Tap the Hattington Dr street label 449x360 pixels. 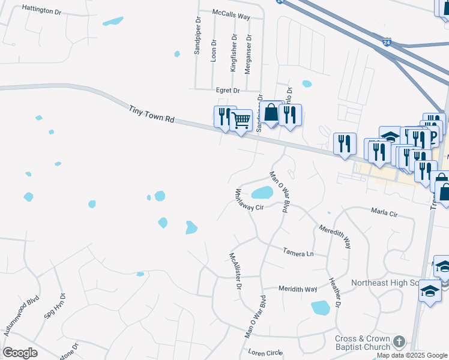pos(41,10)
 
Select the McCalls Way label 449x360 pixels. pos(231,15)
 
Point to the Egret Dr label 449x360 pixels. pos(228,91)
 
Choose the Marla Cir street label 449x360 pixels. pos(384,213)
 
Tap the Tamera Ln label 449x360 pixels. pos(298,253)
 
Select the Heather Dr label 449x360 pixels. pos(335,292)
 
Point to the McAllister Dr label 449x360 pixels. pos(234,270)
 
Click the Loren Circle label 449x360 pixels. pos(264,353)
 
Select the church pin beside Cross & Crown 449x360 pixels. pos(399,342)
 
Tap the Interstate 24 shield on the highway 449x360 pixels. pos(387,43)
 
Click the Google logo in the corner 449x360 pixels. pos(20,353)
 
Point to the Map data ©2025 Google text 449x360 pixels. pos(412,356)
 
